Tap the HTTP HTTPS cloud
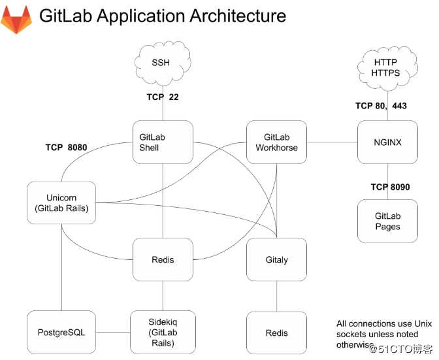(387, 67)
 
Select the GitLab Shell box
(163, 142)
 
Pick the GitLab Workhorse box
(276, 142)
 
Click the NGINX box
(388, 142)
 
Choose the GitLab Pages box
(388, 221)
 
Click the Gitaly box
(277, 259)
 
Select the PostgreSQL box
(61, 333)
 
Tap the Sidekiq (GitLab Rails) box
(163, 333)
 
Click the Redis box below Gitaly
(277, 333)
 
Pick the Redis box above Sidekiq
(163, 259)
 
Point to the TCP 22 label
(163, 97)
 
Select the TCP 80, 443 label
(381, 105)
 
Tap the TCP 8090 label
(390, 187)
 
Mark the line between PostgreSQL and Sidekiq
(112, 333)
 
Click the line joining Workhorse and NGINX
(332, 142)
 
